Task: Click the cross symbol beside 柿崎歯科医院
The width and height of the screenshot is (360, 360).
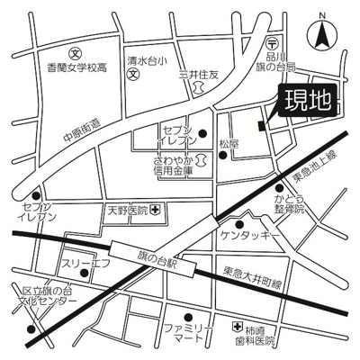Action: [x=236, y=327]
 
